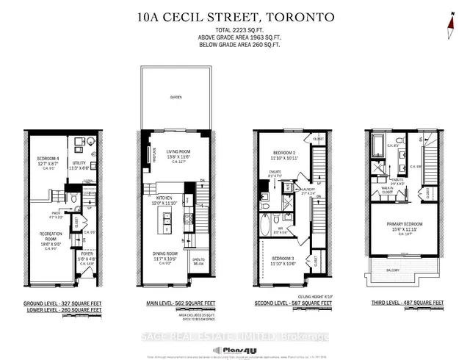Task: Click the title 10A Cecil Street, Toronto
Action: coord(235,15)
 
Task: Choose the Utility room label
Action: coord(80,165)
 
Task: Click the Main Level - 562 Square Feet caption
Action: coord(175,303)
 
